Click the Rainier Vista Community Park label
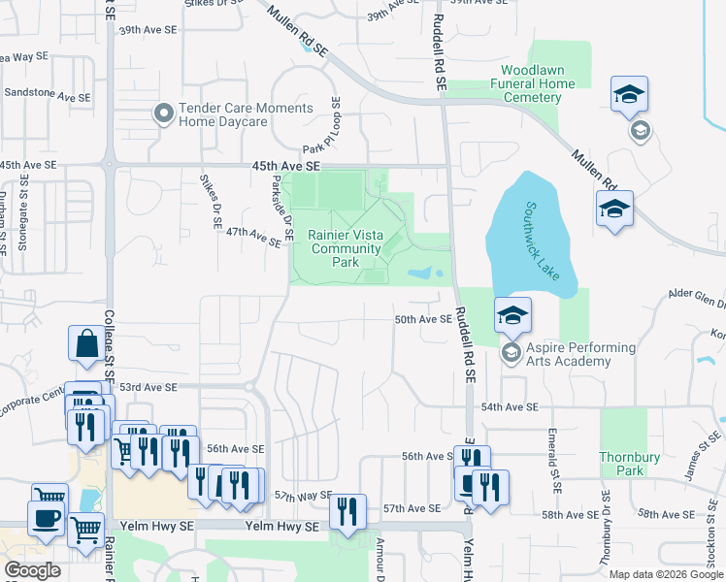click(345, 248)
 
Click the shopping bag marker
click(86, 343)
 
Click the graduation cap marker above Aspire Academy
click(512, 314)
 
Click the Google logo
click(32, 570)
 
